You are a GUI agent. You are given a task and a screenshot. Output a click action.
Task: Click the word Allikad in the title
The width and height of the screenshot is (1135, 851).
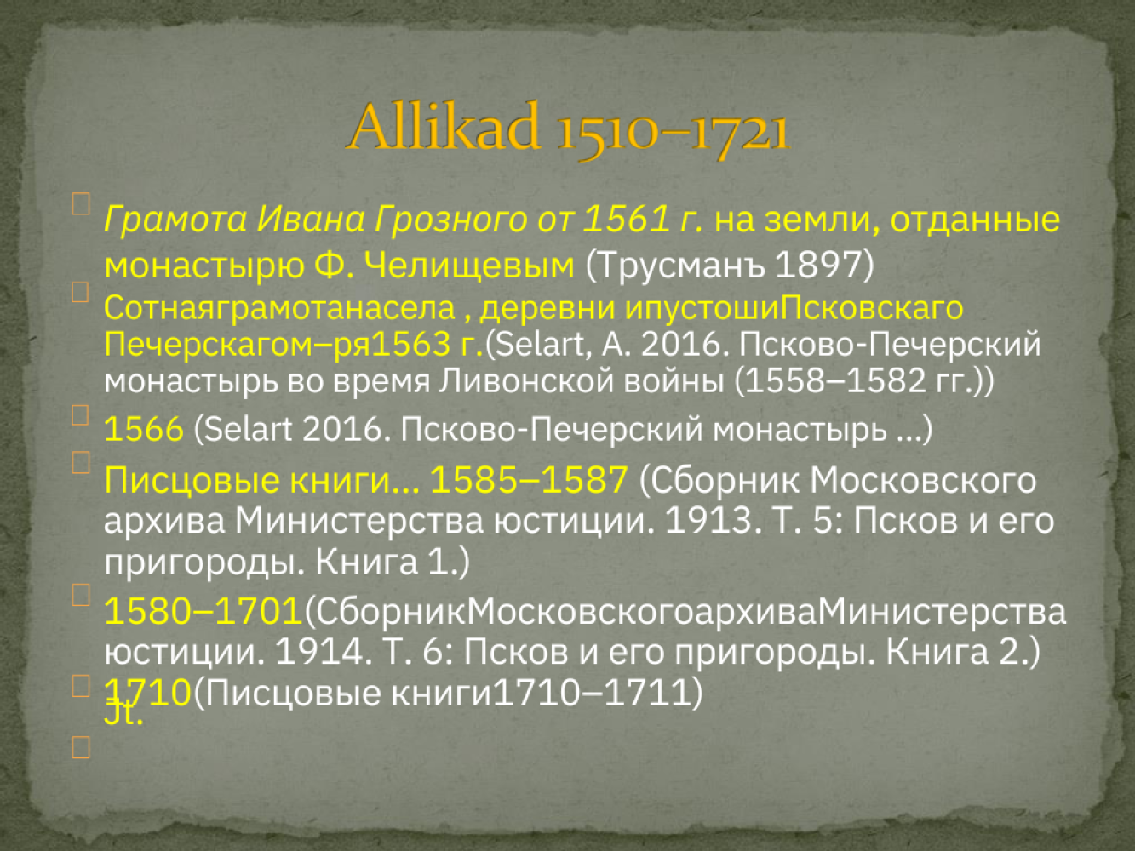(444, 127)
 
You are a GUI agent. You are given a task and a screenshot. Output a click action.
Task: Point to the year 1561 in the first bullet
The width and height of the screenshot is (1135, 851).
(626, 219)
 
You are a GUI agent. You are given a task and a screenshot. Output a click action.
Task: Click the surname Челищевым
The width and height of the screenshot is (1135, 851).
(469, 266)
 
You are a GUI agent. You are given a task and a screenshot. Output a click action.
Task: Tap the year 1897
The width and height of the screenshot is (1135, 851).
(818, 264)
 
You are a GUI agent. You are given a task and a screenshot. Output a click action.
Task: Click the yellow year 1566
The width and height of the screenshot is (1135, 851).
(144, 429)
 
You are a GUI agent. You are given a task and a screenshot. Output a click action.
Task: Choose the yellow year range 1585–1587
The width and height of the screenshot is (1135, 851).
(529, 480)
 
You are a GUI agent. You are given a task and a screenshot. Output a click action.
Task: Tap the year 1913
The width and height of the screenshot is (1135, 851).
(708, 520)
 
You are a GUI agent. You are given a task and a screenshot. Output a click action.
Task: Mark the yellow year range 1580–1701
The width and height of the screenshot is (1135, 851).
(203, 611)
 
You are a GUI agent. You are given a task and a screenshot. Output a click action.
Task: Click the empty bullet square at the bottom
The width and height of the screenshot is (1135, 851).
(81, 747)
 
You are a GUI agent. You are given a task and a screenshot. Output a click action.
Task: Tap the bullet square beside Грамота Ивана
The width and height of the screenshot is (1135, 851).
(81, 203)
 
